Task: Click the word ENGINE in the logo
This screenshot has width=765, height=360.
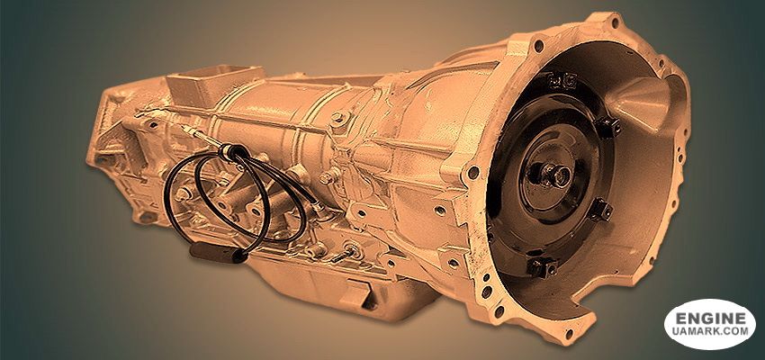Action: [x=710, y=319]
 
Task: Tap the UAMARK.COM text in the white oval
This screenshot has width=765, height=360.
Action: [x=710, y=331]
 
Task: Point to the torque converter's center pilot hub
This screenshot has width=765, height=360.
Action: [x=556, y=174]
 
